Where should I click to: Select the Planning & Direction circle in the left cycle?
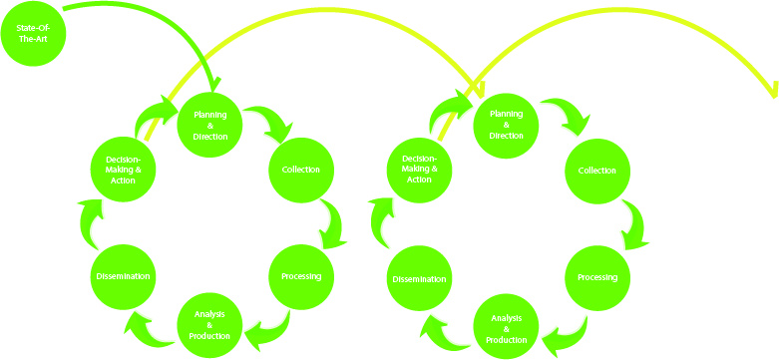click(x=210, y=125)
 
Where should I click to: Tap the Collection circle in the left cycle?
click(x=300, y=170)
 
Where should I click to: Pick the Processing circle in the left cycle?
click(x=300, y=276)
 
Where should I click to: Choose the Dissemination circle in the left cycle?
click(x=122, y=276)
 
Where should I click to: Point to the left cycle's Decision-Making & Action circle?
click(x=122, y=169)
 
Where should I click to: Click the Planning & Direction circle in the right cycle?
click(x=506, y=125)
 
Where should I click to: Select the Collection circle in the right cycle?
click(x=597, y=171)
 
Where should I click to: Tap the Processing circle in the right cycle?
click(x=597, y=276)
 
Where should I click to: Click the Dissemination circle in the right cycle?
click(x=419, y=278)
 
